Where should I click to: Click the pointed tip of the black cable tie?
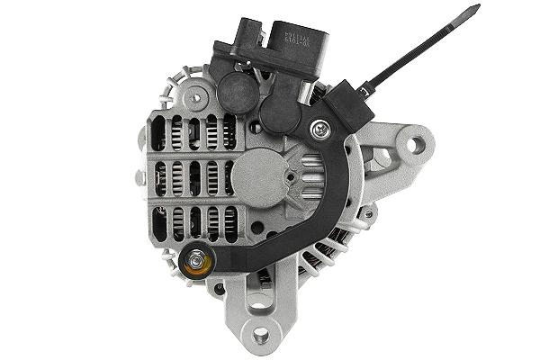[x=477, y=9]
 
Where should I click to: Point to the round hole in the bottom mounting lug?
[x=261, y=336]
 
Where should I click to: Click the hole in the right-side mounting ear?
[x=416, y=144]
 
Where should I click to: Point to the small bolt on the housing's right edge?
[x=368, y=213]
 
